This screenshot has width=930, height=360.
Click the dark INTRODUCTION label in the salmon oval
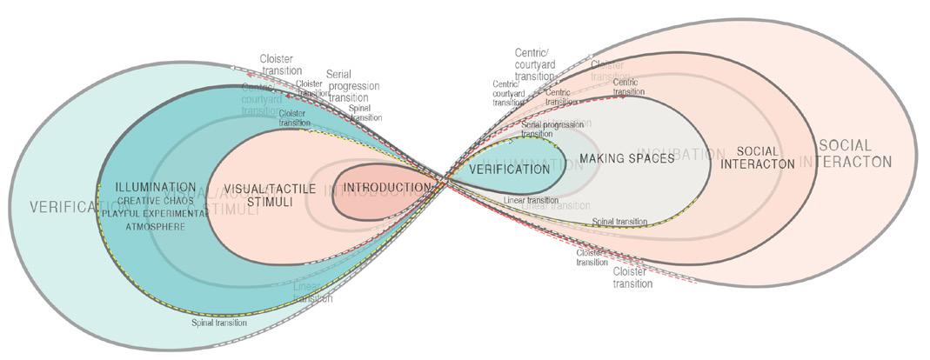[x=386, y=188]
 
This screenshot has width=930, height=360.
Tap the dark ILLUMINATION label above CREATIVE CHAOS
[x=155, y=187]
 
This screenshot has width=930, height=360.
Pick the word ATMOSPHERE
[x=156, y=225]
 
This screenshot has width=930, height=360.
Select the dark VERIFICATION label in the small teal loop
[x=509, y=169]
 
